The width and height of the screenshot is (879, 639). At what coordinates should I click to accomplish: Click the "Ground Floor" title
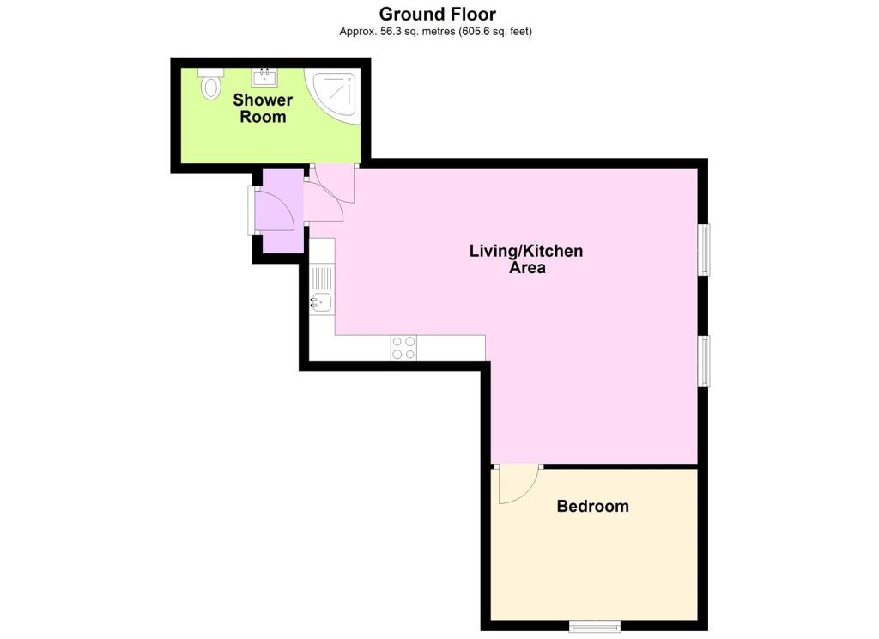(437, 14)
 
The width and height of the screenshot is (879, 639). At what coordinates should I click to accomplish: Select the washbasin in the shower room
(264, 77)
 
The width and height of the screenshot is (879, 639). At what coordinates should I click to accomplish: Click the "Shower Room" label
(263, 108)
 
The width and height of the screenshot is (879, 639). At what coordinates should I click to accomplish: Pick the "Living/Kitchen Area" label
(526, 259)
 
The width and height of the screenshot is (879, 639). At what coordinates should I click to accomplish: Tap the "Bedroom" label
(592, 506)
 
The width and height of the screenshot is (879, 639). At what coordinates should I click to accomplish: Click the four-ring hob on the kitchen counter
(403, 347)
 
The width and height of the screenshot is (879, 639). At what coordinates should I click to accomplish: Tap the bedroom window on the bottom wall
(595, 625)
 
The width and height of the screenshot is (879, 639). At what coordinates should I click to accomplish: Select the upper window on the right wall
(704, 250)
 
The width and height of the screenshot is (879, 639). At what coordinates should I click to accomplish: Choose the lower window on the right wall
(704, 362)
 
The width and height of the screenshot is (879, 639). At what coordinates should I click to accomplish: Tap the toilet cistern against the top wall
(211, 72)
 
